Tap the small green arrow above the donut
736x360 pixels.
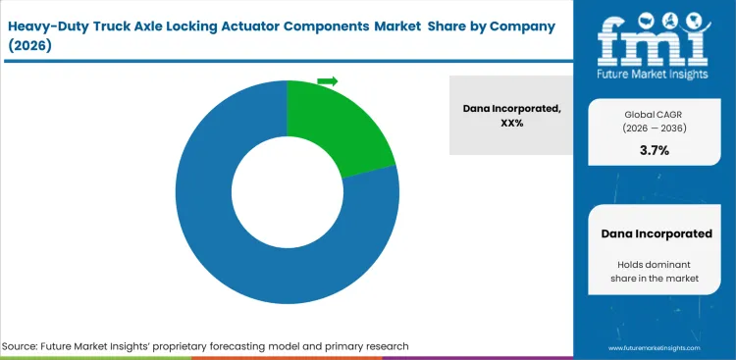point(328,80)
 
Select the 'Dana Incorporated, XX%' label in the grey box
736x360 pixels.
point(510,115)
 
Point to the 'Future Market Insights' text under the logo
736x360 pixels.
point(654,73)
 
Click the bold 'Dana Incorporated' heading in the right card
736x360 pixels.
point(656,233)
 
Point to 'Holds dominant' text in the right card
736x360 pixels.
point(656,264)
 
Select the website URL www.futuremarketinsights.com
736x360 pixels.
point(656,347)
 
